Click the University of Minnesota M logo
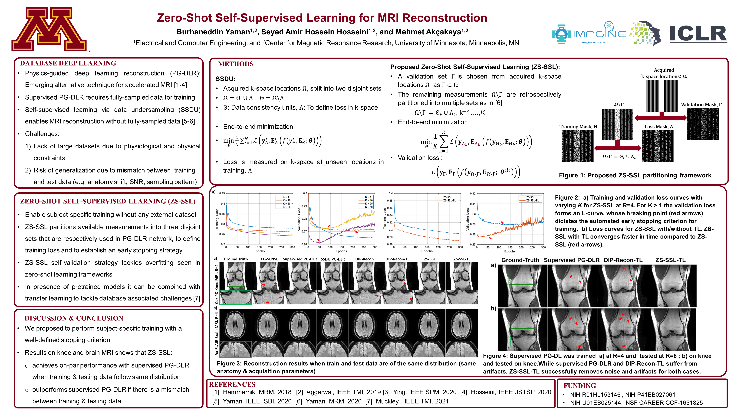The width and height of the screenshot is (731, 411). click(x=49, y=29)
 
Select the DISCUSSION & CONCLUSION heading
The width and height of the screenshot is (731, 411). click(x=74, y=318)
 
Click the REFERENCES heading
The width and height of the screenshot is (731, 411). click(x=232, y=384)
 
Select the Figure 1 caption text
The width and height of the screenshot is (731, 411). click(x=635, y=175)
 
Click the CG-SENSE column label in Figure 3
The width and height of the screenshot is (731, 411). click(x=269, y=259)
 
